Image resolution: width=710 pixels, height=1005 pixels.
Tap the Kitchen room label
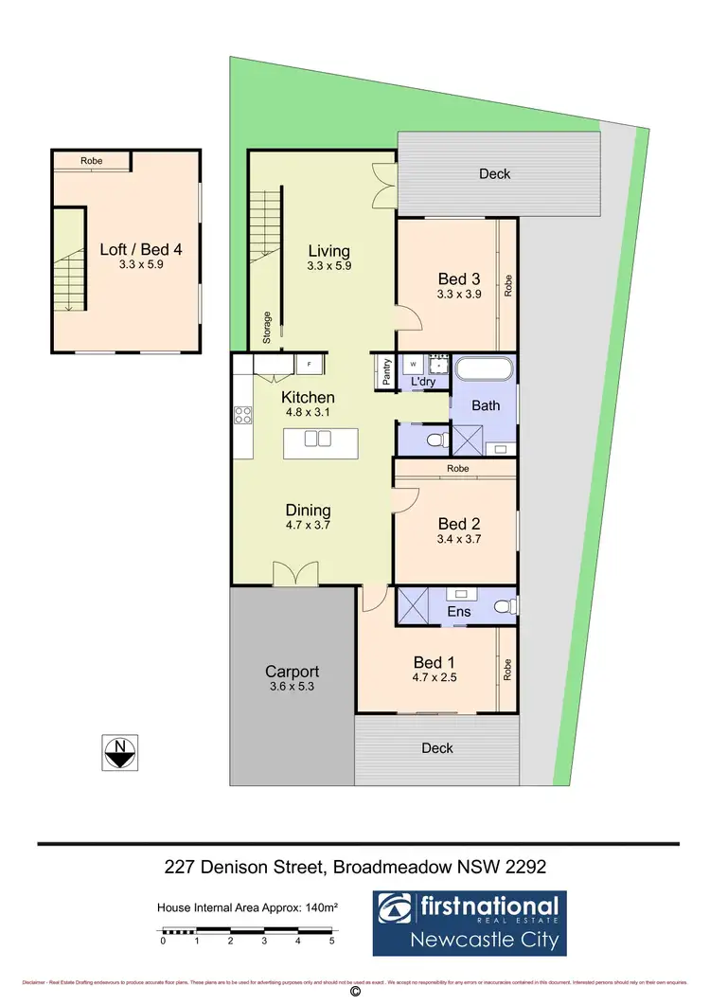(x=308, y=397)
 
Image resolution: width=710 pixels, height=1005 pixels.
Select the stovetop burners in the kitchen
(x=242, y=414)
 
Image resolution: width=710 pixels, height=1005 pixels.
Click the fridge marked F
(x=310, y=364)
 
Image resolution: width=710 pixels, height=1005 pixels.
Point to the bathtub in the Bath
(x=485, y=371)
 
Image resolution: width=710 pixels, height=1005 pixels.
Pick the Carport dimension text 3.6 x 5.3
(x=292, y=687)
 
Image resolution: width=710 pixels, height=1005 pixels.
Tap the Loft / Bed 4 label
(x=140, y=250)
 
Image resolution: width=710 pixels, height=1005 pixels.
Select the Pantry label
(x=387, y=370)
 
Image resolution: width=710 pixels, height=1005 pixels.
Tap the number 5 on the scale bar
(x=331, y=942)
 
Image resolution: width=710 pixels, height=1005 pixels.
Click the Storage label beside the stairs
(x=268, y=327)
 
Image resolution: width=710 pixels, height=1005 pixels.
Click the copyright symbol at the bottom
(x=355, y=993)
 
